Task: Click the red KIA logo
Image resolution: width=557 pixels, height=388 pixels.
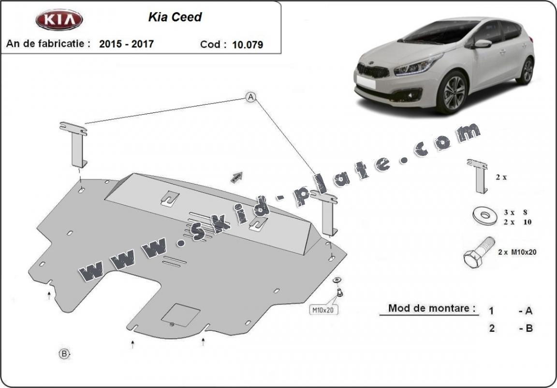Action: coord(59,19)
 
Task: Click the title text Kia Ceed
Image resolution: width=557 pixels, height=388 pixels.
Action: coord(175,17)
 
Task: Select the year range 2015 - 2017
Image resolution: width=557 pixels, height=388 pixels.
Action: coord(127,44)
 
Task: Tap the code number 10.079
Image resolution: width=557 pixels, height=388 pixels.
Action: coord(248,45)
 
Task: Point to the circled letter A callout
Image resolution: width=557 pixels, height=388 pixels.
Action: coord(251,97)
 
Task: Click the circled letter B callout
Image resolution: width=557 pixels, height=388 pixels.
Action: coord(64,354)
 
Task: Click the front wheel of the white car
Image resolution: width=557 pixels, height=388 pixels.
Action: coord(452,93)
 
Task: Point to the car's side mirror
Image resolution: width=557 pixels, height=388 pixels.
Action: coord(482,44)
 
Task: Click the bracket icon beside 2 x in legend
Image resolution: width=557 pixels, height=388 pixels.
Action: coord(478,176)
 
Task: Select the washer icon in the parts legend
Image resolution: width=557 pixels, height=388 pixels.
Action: coord(484,216)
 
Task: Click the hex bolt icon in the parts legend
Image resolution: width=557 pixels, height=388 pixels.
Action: coord(479,252)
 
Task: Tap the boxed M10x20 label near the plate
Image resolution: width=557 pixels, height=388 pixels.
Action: coord(323,310)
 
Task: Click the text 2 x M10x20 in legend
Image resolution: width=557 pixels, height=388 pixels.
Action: coord(517,252)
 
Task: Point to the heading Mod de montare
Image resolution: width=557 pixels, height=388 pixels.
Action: coord(431,308)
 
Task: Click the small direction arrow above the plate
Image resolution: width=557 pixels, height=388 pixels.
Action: coord(236,177)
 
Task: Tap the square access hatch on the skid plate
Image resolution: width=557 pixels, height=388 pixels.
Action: coord(180,315)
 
